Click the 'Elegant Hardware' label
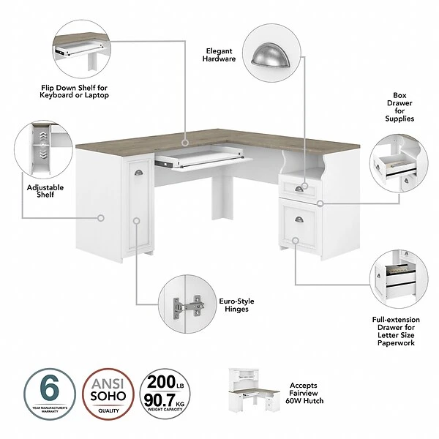pos(219,54)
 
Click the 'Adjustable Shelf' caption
pos(45,191)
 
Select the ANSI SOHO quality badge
pos(107,392)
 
